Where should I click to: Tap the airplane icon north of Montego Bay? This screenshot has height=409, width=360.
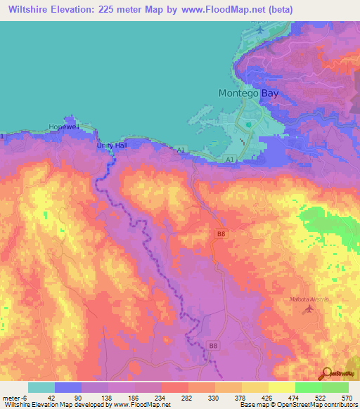coord(262,30)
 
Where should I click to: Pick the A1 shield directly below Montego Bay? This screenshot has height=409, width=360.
coord(230,160)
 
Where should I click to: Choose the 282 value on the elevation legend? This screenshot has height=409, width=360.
coord(188,397)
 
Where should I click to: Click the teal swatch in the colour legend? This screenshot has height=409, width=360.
coord(41,387)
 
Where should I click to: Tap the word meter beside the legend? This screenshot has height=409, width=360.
coord(13,397)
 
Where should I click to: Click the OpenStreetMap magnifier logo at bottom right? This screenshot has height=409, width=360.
coord(326,374)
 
